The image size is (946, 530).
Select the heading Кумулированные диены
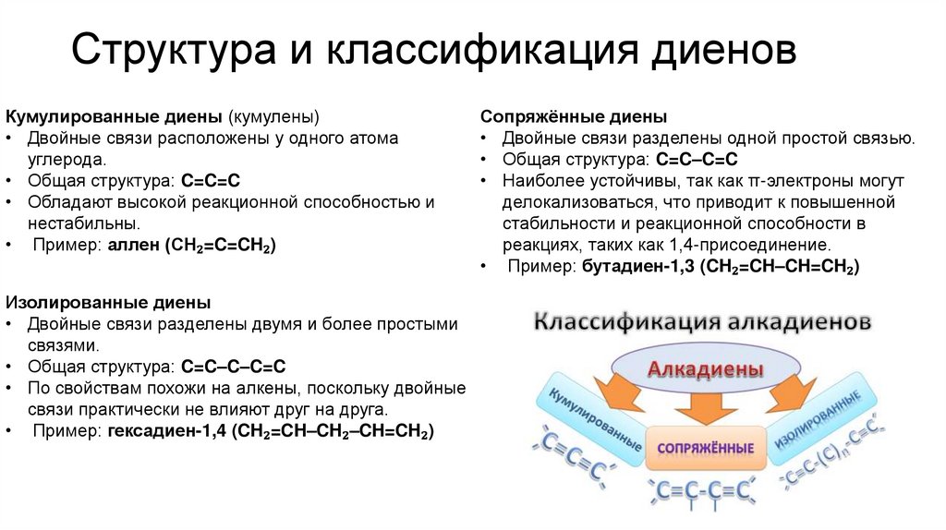(x=115, y=117)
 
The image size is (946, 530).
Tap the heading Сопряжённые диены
(x=574, y=117)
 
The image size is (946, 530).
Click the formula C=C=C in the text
(x=212, y=181)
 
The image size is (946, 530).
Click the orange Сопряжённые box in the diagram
(x=705, y=448)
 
